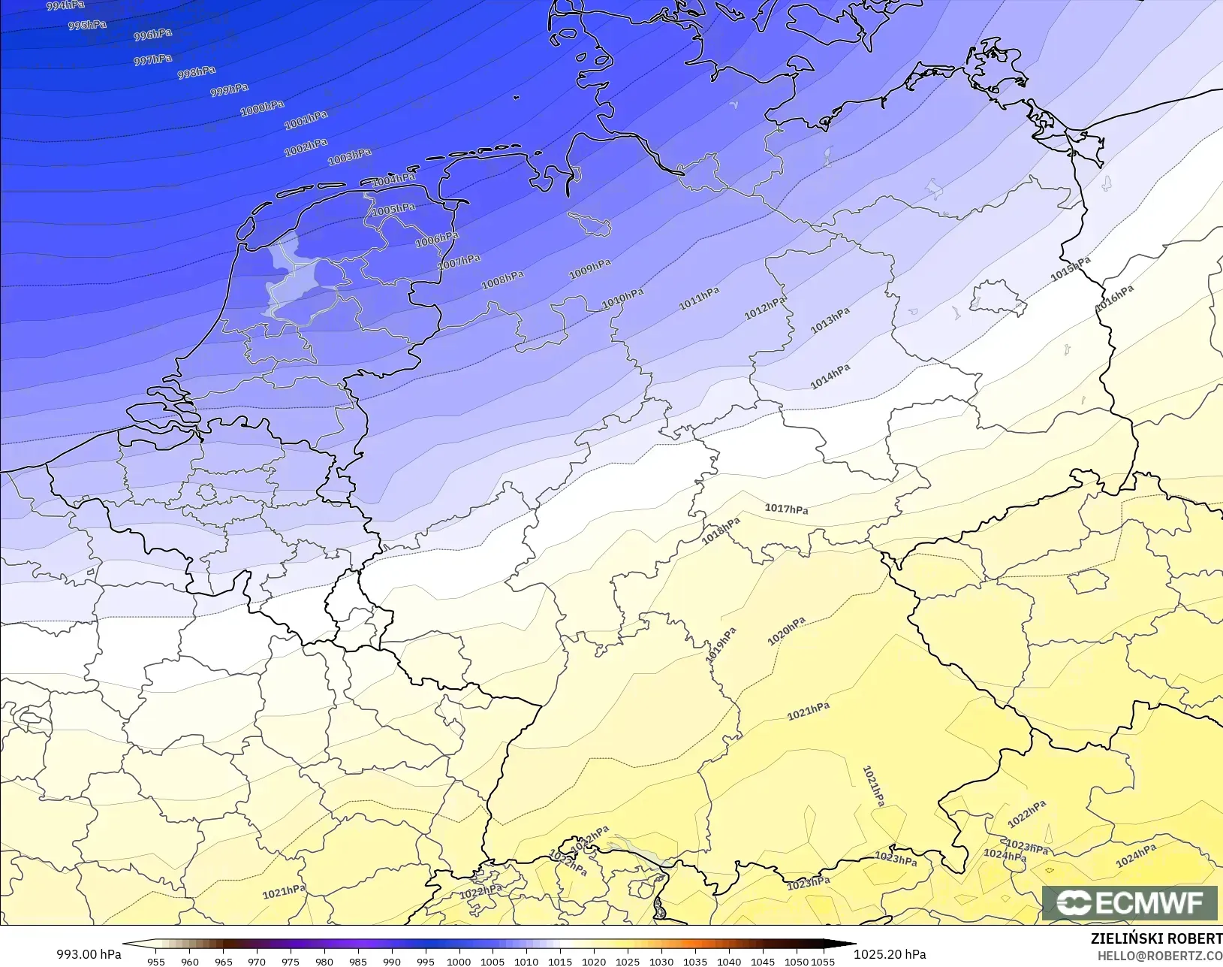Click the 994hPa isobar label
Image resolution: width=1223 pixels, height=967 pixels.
[65, 5]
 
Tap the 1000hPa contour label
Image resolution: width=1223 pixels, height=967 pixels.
[262, 108]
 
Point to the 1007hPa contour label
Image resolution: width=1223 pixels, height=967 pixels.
[459, 261]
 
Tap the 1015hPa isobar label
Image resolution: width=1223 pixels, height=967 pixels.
[1070, 269]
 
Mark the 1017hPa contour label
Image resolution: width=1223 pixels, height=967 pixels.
[786, 509]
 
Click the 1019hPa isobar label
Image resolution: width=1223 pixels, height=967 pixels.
[721, 645]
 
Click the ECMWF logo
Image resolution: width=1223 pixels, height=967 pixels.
[1129, 902]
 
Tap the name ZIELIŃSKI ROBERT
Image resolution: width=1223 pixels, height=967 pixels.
[1156, 938]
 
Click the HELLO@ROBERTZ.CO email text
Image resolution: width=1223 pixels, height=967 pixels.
[1160, 956]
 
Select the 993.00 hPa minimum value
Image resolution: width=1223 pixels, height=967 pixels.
[89, 954]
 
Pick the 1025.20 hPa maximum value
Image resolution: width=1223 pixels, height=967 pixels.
[890, 954]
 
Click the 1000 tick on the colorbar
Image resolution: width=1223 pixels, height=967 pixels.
[459, 961]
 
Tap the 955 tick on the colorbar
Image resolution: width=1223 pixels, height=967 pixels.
[156, 961]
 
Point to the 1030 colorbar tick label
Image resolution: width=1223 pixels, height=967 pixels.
[661, 961]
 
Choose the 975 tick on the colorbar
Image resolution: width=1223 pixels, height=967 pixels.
[291, 961]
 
